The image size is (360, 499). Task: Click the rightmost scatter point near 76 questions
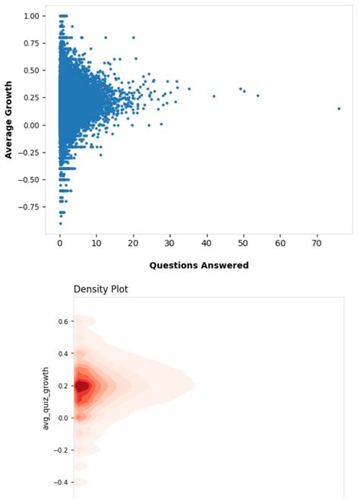339,109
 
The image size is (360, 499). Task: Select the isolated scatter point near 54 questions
257,96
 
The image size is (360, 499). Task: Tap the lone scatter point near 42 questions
213,96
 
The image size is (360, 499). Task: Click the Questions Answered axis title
198,265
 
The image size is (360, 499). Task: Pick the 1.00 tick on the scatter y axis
32,16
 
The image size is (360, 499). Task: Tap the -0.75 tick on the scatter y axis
30,207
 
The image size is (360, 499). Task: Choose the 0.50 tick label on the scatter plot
32,71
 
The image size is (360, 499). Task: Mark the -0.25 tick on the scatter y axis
30,152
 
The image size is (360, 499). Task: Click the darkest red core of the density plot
83,386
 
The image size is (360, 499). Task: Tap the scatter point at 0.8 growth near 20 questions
133,37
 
